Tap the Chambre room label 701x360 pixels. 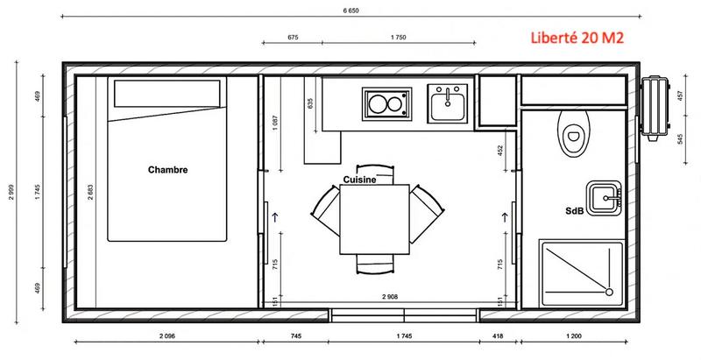point(168,169)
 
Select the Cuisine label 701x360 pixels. point(358,179)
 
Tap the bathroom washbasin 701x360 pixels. point(605,198)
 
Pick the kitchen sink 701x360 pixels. point(447,104)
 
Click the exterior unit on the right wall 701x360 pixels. point(654,109)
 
